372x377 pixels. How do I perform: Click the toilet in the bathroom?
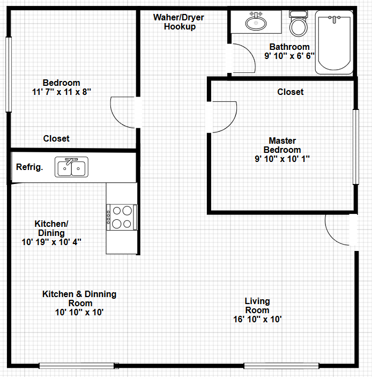pyautogui.click(x=298, y=24)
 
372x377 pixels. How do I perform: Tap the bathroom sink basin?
pyautogui.click(x=256, y=23)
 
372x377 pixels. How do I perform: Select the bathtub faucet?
pyautogui.click(x=334, y=19)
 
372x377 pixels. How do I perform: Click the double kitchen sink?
pyautogui.click(x=71, y=167)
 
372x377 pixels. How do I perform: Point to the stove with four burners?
pyautogui.click(x=122, y=217)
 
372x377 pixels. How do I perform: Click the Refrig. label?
pyautogui.click(x=29, y=167)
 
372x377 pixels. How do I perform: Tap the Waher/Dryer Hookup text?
pyautogui.click(x=179, y=22)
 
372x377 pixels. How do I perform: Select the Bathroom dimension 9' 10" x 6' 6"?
pyautogui.click(x=289, y=56)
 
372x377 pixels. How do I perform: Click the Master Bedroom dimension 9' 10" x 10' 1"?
pyautogui.click(x=282, y=159)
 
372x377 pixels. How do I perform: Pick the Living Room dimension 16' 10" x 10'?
pyautogui.click(x=257, y=319)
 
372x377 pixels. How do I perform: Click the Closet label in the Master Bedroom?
pyautogui.click(x=291, y=92)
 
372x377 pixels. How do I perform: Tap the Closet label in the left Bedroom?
pyautogui.click(x=56, y=138)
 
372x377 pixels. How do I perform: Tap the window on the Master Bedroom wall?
pyautogui.click(x=356, y=147)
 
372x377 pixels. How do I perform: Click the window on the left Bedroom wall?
pyautogui.click(x=9, y=75)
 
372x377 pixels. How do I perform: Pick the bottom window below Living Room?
pyautogui.click(x=281, y=366)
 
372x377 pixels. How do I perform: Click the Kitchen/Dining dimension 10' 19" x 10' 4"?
pyautogui.click(x=51, y=242)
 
